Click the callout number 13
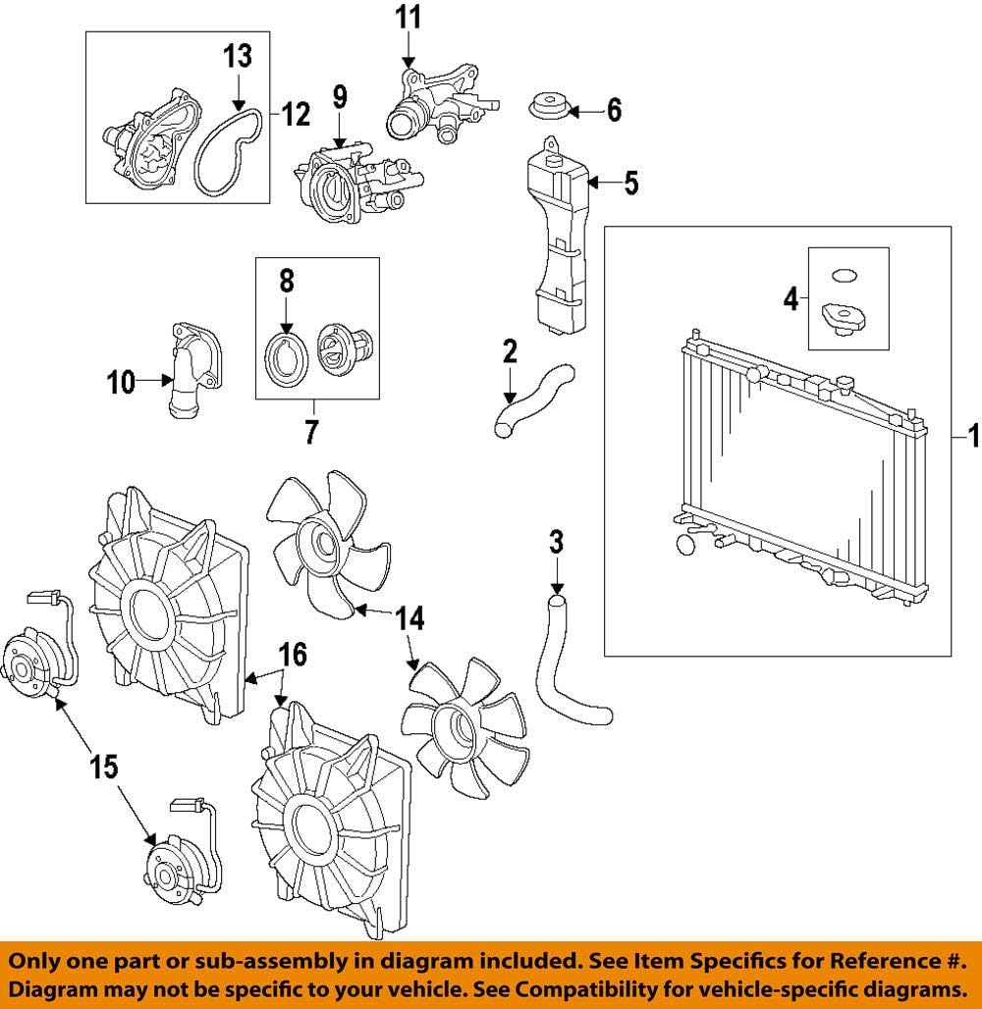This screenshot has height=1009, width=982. click(237, 57)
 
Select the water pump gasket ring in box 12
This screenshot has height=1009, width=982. click(227, 152)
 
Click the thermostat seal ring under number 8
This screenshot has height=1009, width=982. click(287, 358)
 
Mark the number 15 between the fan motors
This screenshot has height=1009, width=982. click(104, 766)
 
